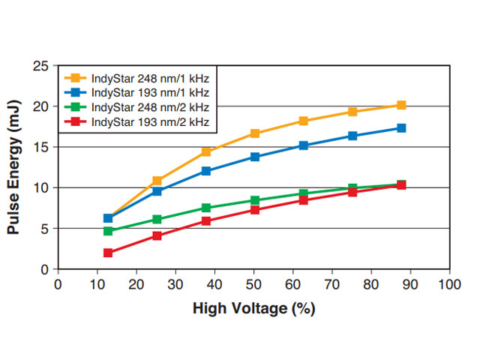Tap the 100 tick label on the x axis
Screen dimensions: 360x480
pyautogui.click(x=449, y=284)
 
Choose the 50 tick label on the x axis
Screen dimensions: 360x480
pyautogui.click(x=254, y=284)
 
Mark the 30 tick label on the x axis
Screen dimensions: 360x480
pyautogui.click(x=176, y=284)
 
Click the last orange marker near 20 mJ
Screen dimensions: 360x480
pyautogui.click(x=401, y=106)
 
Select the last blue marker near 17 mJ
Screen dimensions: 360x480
pyautogui.click(x=401, y=128)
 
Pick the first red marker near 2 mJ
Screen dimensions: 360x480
pyautogui.click(x=108, y=253)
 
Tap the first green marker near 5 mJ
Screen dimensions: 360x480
pyautogui.click(x=108, y=231)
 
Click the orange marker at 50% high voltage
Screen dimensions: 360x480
pyautogui.click(x=255, y=133)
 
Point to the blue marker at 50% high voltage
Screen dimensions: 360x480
pyautogui.click(x=255, y=157)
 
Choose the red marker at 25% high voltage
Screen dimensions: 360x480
pyautogui.click(x=157, y=235)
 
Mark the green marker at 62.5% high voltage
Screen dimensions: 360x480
pyautogui.click(x=304, y=194)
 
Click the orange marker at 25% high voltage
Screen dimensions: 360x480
pyautogui.click(x=157, y=181)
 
